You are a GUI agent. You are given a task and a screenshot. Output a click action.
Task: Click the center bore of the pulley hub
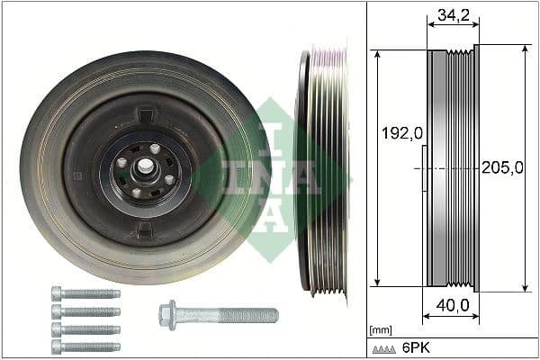click(x=144, y=168)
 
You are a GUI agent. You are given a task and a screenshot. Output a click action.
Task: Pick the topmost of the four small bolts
click(x=85, y=293)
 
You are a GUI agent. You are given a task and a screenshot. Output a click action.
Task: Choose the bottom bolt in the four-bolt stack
click(x=85, y=346)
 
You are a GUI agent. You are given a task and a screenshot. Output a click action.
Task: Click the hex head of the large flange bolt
click(x=168, y=314)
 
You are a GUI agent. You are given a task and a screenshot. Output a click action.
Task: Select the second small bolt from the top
click(x=85, y=311)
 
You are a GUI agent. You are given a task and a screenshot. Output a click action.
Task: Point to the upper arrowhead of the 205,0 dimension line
click(x=525, y=50)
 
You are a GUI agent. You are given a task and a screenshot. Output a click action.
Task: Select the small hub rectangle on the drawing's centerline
click(x=424, y=168)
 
